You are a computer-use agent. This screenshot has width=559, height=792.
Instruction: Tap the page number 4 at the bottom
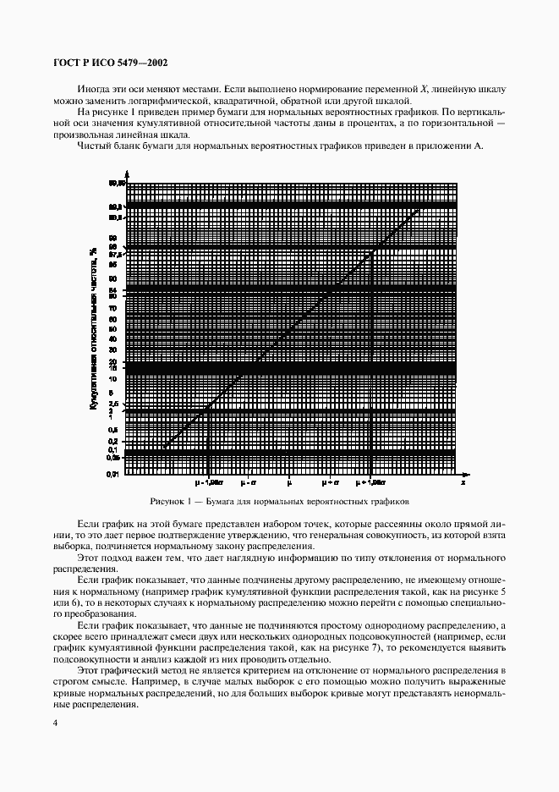tap(55, 720)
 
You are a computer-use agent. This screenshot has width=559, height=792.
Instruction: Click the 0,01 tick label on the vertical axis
tap(112, 475)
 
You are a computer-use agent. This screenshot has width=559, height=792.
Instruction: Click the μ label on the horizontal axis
tap(289, 482)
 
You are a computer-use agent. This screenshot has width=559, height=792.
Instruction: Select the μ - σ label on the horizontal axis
tap(248, 482)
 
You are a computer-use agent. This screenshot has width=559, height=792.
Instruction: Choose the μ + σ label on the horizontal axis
tap(330, 482)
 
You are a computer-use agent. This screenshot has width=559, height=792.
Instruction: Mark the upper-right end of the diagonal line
tap(419, 207)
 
